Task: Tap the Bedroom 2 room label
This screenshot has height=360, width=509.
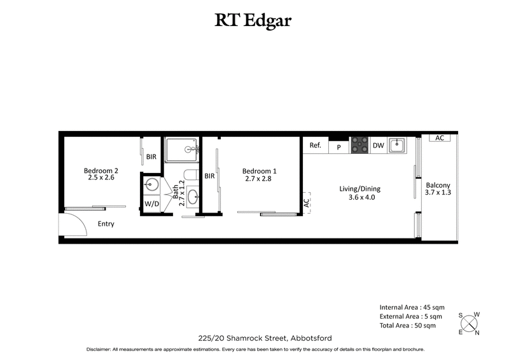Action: click(101, 174)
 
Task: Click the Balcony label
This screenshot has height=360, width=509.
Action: click(438, 188)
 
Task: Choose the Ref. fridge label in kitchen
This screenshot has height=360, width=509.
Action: click(315, 146)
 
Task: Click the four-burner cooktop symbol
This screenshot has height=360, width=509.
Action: click(360, 145)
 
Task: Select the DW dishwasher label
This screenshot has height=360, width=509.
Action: click(378, 146)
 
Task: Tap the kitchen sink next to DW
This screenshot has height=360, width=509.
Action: click(398, 145)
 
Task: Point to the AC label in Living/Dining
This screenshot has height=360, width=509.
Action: click(306, 203)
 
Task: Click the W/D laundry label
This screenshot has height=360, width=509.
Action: click(151, 204)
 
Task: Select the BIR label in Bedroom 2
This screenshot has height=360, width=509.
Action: click(151, 156)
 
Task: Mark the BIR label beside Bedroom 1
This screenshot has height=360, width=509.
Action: click(209, 177)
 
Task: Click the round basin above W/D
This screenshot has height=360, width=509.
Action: click(151, 185)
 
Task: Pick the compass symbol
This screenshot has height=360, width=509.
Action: click(470, 323)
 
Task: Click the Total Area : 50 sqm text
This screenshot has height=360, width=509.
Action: click(407, 326)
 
